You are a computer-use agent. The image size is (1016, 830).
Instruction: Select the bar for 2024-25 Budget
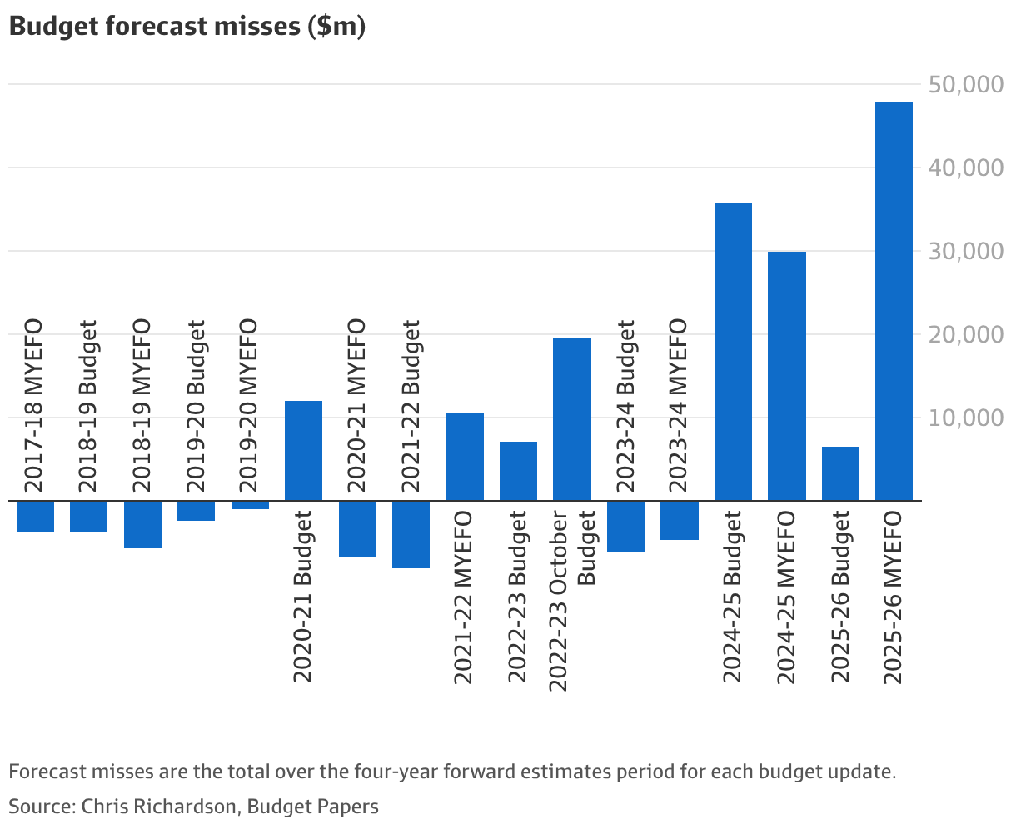pyautogui.click(x=733, y=351)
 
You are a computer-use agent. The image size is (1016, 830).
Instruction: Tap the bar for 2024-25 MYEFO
pyautogui.click(x=786, y=375)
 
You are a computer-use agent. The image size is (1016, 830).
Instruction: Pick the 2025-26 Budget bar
pyautogui.click(x=840, y=473)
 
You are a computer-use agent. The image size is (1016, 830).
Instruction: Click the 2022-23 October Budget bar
pyautogui.click(x=572, y=418)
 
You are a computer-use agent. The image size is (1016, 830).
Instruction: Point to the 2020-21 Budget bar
pyautogui.click(x=303, y=450)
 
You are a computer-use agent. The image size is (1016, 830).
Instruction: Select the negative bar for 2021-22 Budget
pyautogui.click(x=411, y=534)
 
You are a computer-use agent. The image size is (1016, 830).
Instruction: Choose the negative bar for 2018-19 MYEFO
pyautogui.click(x=142, y=524)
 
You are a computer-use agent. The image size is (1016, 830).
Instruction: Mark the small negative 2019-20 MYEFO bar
pyautogui.click(x=250, y=505)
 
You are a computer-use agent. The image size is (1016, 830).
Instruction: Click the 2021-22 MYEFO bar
pyautogui.click(x=465, y=457)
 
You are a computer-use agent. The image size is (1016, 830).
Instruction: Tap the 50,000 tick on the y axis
pyautogui.click(x=965, y=85)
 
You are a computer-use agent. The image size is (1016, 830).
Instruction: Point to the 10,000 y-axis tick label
pyautogui.click(x=965, y=417)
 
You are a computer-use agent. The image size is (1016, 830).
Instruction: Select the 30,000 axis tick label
pyautogui.click(x=965, y=251)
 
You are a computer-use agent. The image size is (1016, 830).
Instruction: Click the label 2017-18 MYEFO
pyautogui.click(x=35, y=405)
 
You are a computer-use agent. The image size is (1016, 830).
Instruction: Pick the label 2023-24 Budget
pyautogui.click(x=626, y=405)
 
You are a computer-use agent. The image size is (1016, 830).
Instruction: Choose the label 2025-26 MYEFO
pyautogui.click(x=894, y=597)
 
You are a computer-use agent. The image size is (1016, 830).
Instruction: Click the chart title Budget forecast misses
pyautogui.click(x=187, y=27)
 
